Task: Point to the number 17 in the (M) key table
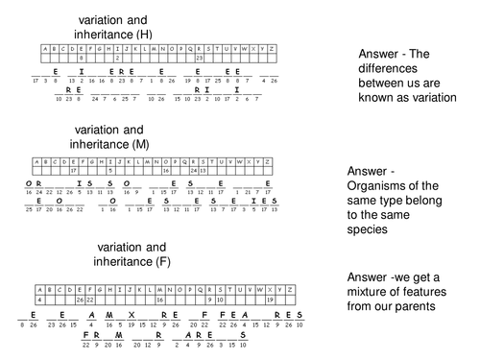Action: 73,169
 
